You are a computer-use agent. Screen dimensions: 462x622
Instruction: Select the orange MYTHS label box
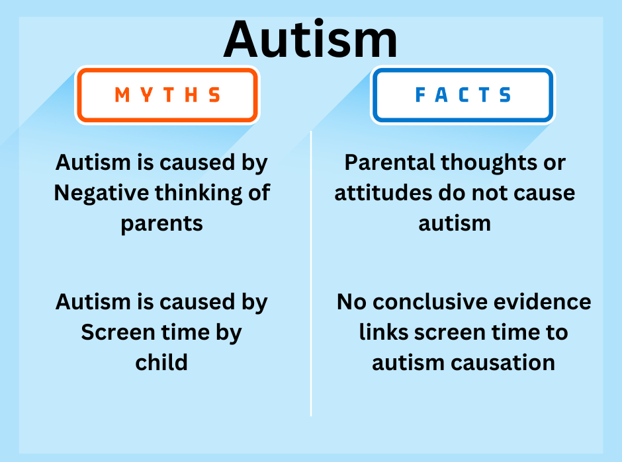[x=167, y=95]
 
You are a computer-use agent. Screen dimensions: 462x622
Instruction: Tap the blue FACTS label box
[x=463, y=95]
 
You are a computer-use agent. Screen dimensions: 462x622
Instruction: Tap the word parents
[x=161, y=223]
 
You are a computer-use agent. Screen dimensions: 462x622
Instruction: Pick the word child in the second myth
[x=161, y=362]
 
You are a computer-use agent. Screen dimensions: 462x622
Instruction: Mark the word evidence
[x=545, y=302]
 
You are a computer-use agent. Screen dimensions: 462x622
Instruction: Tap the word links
[x=382, y=332]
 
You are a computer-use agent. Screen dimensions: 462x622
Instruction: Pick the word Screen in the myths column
[x=116, y=332]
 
